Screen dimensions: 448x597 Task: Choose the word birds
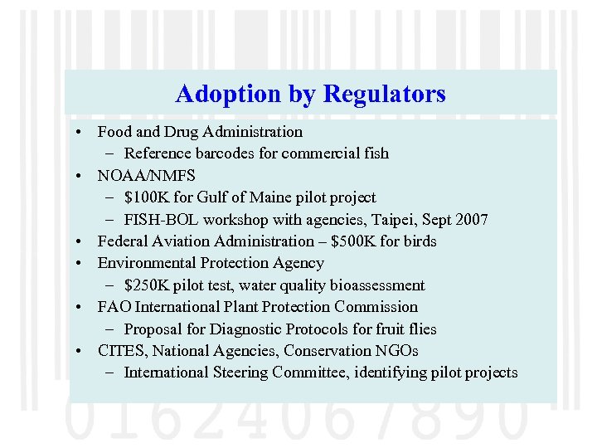[419, 241]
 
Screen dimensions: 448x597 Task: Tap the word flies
[420, 329]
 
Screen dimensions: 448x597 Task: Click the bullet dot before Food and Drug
[75, 133]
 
